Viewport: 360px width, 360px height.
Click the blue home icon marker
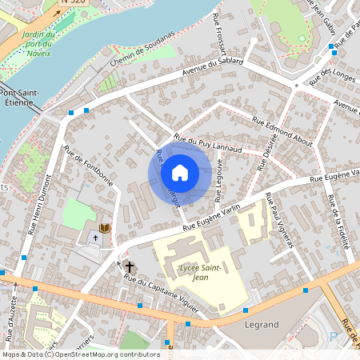click(x=180, y=173)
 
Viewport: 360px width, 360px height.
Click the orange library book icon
click(x=103, y=229)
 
